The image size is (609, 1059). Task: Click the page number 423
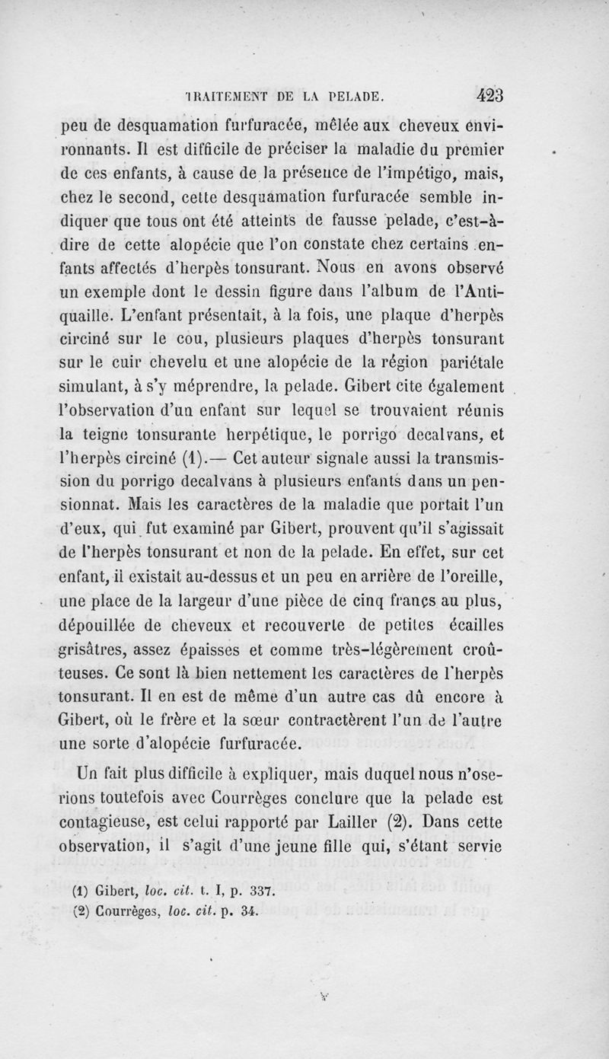496,96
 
